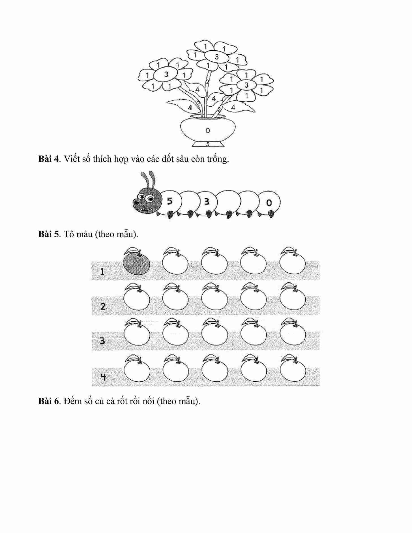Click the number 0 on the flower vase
208,130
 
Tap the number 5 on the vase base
208,144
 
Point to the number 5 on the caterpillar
169,201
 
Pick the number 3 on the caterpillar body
207,201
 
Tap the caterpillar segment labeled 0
269,203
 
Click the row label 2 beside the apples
103,306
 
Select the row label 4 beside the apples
103,377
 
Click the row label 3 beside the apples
102,341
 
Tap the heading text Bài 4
49,159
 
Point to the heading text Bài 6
49,401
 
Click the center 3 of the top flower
217,57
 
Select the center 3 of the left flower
166,74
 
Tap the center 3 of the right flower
246,85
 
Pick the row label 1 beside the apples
102,272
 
